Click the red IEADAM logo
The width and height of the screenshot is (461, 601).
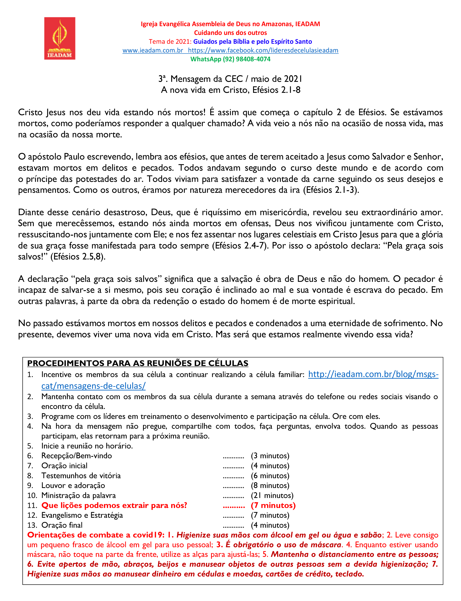pos(60,38)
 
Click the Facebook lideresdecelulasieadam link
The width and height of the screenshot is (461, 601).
pos(263,50)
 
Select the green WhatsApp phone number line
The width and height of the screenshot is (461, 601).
pos(230,59)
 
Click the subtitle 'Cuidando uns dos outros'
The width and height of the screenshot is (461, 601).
pos(230,33)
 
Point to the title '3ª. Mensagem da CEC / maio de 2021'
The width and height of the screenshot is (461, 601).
pos(230,79)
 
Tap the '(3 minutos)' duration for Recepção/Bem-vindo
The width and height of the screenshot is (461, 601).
pos(270,456)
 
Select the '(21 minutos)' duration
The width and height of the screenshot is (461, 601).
pos(272,495)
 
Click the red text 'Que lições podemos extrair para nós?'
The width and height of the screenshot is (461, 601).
pos(114,505)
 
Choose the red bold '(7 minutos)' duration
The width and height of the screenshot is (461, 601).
pos(273,505)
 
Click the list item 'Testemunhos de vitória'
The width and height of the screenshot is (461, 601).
pos(81,476)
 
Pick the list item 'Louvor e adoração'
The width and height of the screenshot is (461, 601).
pos(73,485)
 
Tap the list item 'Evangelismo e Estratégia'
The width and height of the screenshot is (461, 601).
pos(82,515)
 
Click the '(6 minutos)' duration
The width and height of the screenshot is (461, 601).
pos(270,476)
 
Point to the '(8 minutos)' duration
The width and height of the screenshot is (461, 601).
pos(270,485)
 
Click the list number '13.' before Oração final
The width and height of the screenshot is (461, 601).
pos(32,525)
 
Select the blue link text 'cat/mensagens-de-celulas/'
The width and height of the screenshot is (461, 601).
pos(93,386)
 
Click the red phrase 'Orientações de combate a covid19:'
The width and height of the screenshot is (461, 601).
pos(96,535)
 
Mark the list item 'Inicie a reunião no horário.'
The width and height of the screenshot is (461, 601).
pos(87,446)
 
